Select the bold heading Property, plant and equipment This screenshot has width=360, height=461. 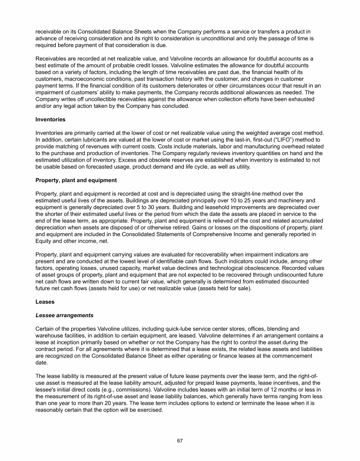click(x=76, y=180)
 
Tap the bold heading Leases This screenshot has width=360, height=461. click(x=45, y=302)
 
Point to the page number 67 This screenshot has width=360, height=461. click(x=180, y=441)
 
